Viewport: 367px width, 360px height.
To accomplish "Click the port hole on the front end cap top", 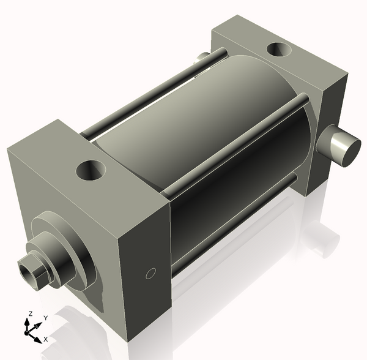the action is [91, 170].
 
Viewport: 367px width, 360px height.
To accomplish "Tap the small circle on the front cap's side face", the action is [150, 274].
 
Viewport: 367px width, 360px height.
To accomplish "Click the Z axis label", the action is [31, 313].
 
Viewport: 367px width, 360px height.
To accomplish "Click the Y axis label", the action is [46, 318].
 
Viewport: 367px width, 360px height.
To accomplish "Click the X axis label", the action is [46, 339].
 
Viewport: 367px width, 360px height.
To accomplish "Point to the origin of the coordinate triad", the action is [26, 332].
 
